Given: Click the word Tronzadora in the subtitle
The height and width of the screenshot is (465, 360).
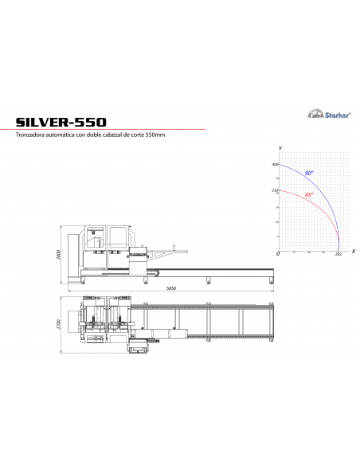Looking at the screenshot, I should pyautogui.click(x=32, y=135).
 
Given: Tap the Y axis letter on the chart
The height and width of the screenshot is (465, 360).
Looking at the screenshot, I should pyautogui.click(x=280, y=150).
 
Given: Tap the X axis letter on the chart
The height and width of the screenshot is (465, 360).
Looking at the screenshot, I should pyautogui.click(x=352, y=251).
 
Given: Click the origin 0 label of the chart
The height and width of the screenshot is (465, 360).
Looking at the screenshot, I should pyautogui.click(x=277, y=253).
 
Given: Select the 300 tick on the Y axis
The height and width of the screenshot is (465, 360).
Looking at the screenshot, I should pyautogui.click(x=274, y=165).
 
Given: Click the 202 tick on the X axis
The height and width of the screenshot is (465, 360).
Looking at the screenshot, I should pyautogui.click(x=338, y=254).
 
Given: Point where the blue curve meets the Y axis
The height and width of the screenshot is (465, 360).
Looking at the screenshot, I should pyautogui.click(x=279, y=165).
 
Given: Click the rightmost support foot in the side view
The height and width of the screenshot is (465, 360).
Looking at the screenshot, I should pyautogui.click(x=271, y=279).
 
